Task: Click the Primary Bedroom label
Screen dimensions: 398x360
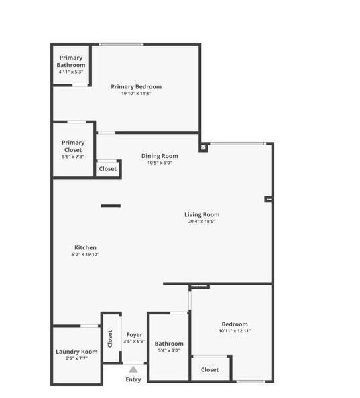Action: (136, 86)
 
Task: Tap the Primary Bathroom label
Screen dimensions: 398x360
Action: (71, 61)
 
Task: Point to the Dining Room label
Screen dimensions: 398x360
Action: (160, 156)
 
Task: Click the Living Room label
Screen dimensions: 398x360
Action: (202, 214)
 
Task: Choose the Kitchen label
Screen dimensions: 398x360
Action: (85, 247)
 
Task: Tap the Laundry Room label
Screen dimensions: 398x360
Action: (76, 351)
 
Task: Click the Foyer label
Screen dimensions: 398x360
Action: (134, 334)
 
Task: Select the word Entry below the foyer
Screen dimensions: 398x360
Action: (133, 380)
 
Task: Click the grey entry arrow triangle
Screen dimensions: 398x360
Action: (133, 369)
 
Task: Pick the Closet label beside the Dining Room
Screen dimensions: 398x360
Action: (108, 169)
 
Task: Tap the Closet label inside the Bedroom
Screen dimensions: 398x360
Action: (210, 369)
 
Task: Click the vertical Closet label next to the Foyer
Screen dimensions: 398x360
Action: (110, 336)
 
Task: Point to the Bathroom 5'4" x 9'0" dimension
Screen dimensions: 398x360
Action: (168, 350)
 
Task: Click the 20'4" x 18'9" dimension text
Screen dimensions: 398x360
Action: (202, 222)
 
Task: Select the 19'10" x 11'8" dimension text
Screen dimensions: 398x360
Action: (136, 94)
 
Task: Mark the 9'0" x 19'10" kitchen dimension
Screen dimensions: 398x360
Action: (85, 255)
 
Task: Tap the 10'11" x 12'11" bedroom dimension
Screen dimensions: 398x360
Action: (235, 331)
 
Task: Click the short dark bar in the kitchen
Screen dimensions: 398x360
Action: (111, 206)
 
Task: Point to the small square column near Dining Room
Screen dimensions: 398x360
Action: (202, 147)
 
